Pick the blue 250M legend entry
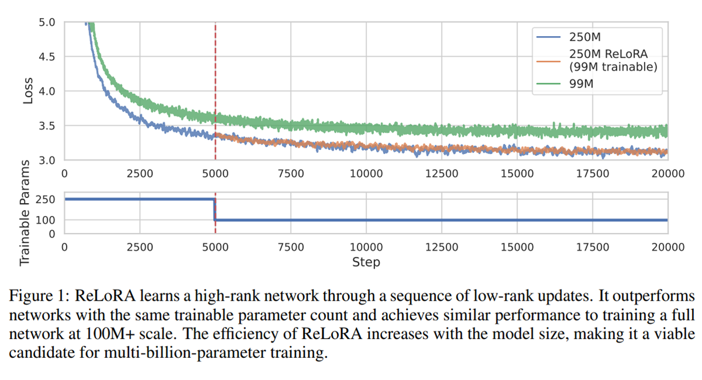click(x=584, y=36)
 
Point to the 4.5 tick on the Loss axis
click(x=47, y=57)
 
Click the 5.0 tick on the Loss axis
click(x=47, y=23)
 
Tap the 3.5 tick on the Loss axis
click(x=47, y=126)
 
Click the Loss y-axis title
click(x=27, y=91)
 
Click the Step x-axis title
click(x=366, y=262)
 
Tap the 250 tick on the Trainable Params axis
click(x=47, y=200)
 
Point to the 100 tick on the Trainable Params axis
click(x=47, y=220)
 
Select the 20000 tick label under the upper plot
click(x=668, y=173)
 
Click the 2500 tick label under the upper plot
click(x=140, y=173)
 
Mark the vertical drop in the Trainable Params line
click(x=216, y=210)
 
